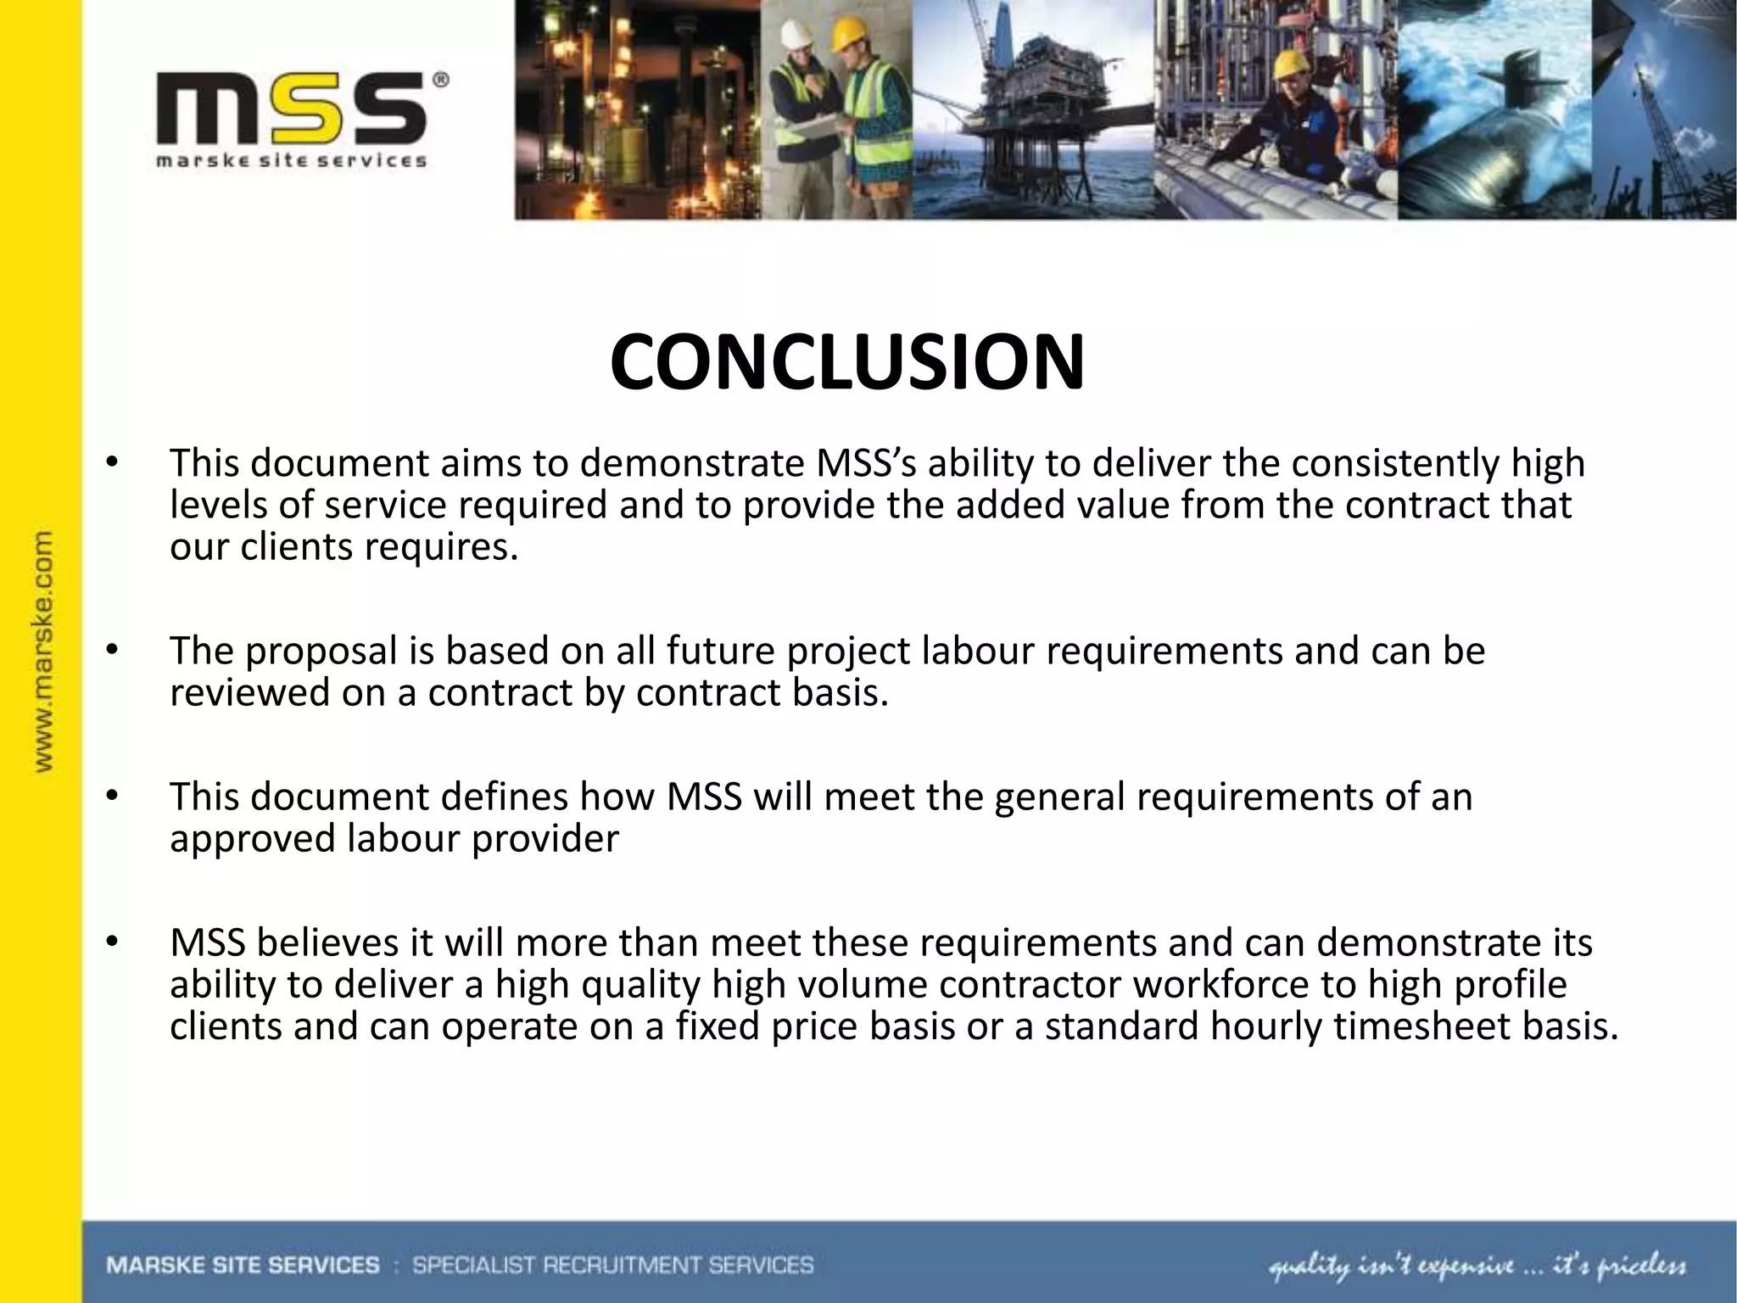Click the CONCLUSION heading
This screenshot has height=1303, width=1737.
(846, 363)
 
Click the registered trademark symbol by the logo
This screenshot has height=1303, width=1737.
(441, 81)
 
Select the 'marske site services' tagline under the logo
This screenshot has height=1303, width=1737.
(291, 160)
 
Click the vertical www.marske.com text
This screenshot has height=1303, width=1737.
(43, 651)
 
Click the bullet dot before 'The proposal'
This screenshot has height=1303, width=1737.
(111, 651)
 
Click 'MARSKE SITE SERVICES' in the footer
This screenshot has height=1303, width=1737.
(243, 1266)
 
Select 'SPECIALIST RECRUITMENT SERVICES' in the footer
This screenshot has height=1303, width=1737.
(612, 1266)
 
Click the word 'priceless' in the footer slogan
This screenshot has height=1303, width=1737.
(1641, 1267)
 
